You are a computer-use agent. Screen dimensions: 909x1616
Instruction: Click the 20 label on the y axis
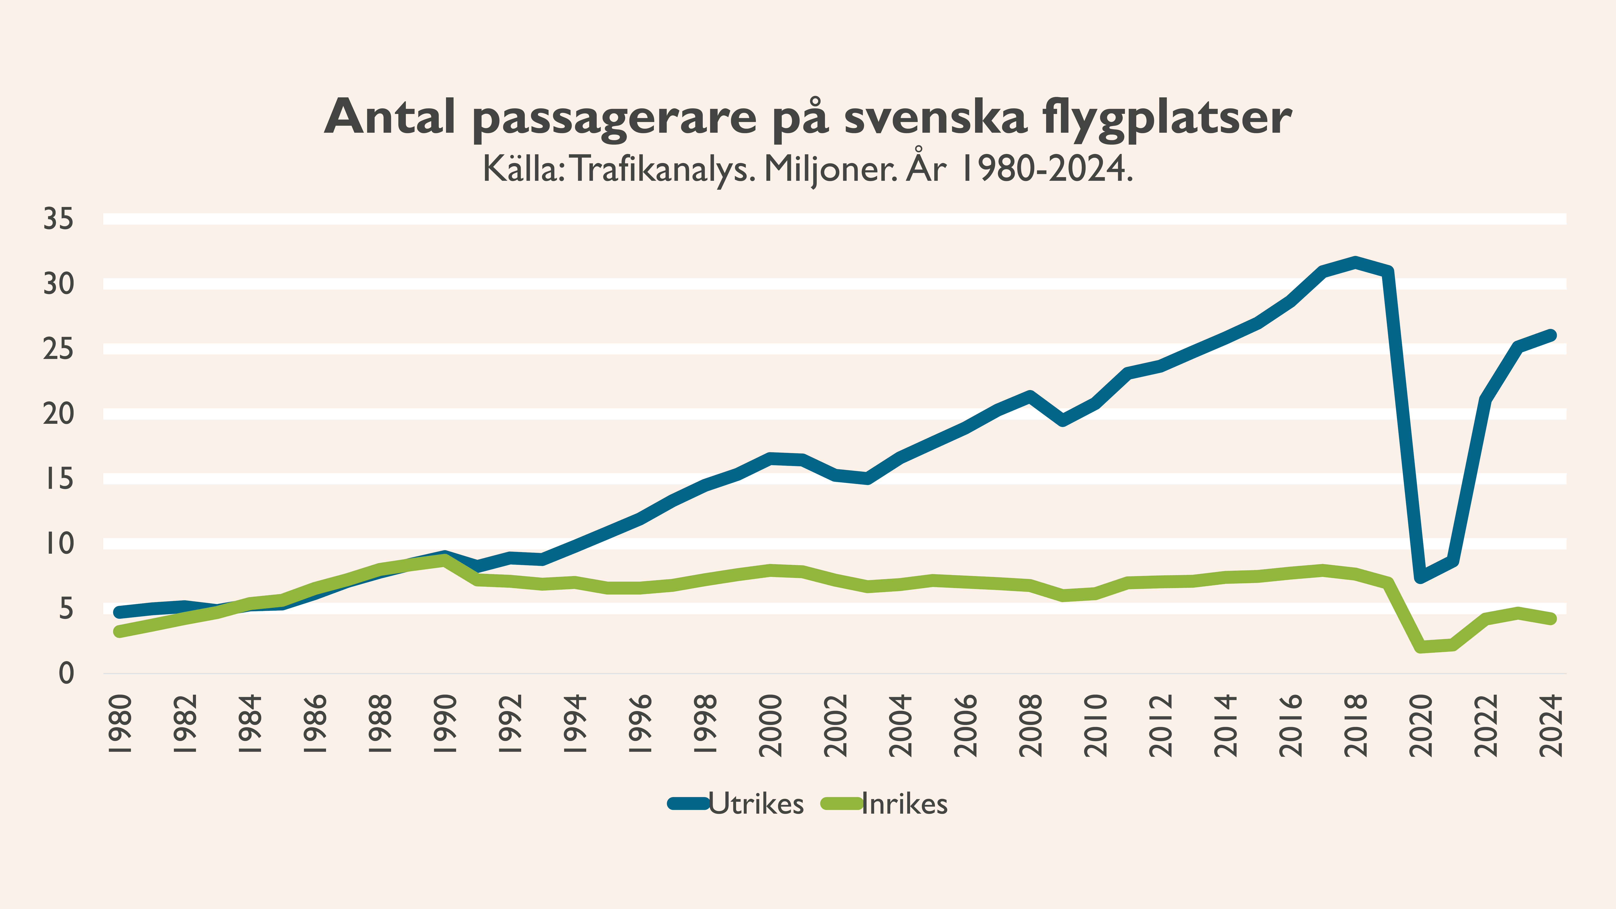[x=58, y=414]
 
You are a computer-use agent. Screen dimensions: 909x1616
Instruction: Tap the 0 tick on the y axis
[x=66, y=674]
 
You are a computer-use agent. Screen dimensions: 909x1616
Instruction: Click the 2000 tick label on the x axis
[x=770, y=725]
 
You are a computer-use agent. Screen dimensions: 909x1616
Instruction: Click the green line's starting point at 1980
[x=119, y=631]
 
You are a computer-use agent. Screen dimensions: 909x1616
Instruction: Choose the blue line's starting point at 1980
[x=119, y=612]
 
